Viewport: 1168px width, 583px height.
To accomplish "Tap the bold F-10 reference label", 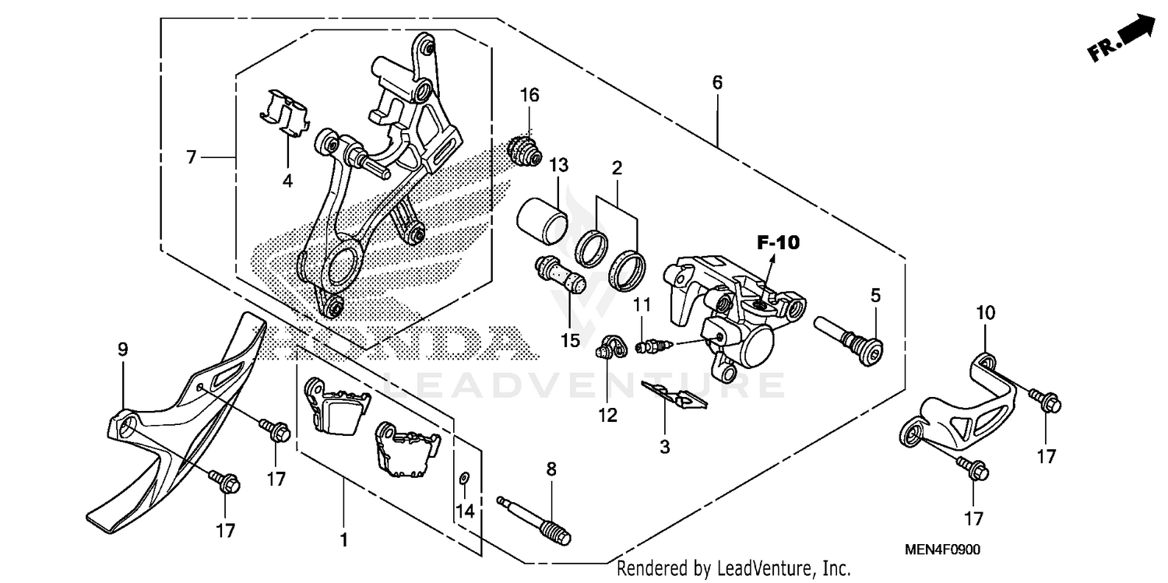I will (777, 243).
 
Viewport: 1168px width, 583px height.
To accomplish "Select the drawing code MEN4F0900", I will (943, 550).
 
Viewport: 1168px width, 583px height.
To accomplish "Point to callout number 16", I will (529, 95).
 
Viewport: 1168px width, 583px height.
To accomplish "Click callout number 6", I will (717, 82).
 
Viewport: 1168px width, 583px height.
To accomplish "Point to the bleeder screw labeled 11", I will (649, 344).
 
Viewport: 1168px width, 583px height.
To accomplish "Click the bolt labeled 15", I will (559, 274).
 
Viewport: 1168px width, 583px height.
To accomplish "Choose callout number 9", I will (123, 350).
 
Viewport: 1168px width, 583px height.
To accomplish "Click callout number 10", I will (986, 314).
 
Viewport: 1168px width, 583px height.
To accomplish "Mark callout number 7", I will (191, 157).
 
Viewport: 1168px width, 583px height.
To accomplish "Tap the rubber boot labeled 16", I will (523, 149).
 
